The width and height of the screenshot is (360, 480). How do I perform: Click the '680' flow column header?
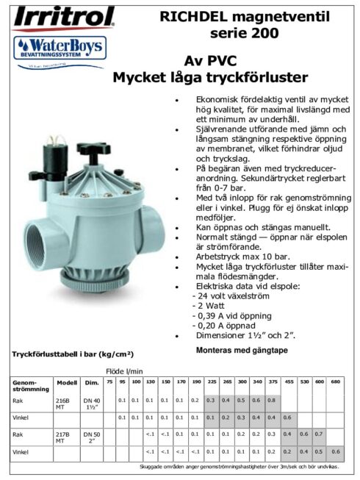click(x=336, y=382)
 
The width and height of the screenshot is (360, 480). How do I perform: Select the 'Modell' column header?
click(x=67, y=382)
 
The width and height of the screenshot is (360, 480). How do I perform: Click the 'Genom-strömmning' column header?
click(x=29, y=385)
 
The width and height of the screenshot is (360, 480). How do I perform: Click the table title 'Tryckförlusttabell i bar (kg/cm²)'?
click(x=73, y=354)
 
